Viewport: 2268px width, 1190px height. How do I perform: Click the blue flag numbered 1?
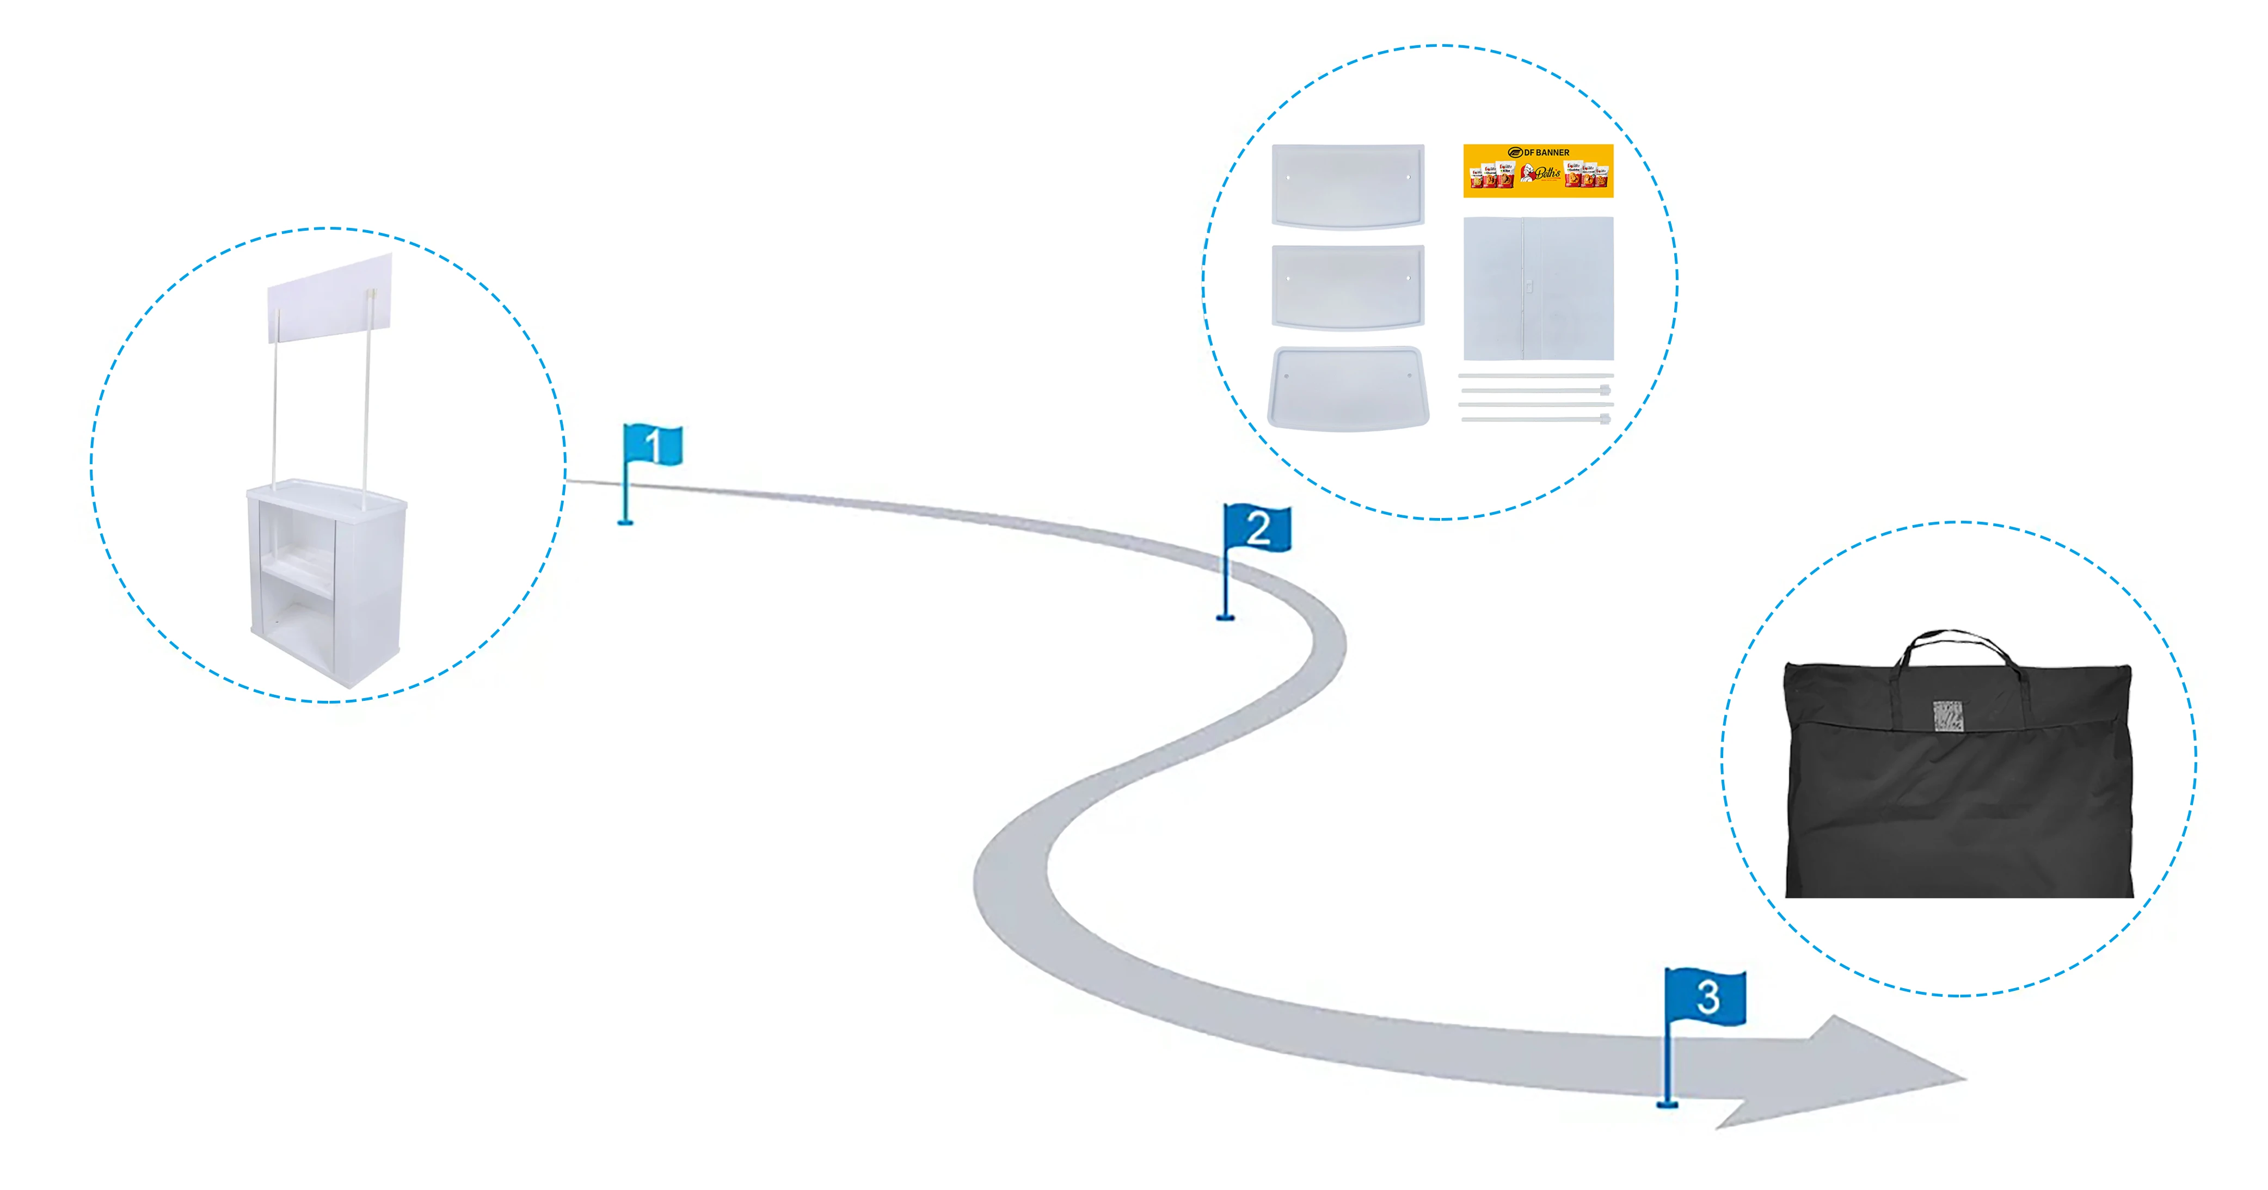point(653,445)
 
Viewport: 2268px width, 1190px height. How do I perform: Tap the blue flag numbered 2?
point(1257,528)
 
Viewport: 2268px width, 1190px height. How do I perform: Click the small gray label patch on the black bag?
point(1947,716)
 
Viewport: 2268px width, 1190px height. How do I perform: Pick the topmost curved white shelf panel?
point(1347,185)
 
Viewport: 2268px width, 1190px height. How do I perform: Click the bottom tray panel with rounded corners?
point(1347,388)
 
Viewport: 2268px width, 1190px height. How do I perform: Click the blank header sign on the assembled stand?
point(329,298)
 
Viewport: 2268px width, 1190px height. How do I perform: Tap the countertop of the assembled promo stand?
point(326,494)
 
